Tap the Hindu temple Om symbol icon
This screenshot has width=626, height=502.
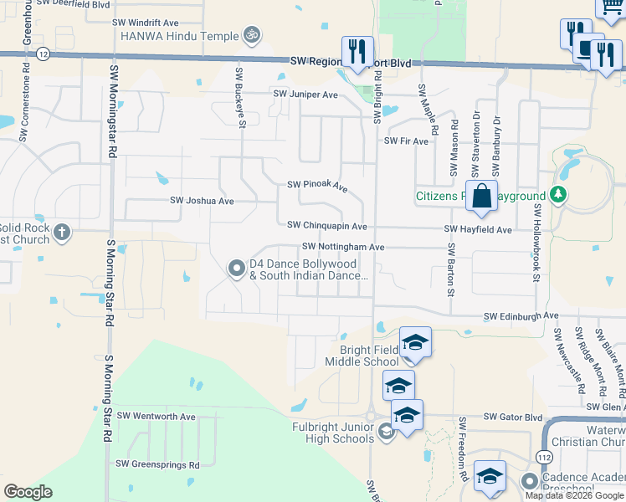250,35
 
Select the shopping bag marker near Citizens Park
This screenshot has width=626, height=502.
481,197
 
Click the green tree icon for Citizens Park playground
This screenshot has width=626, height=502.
558,195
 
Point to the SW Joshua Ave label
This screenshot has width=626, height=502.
202,201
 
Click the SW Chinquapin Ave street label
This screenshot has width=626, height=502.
326,226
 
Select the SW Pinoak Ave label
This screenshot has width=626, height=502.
317,185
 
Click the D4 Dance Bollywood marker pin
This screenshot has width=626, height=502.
237,268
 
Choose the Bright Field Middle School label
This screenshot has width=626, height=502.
369,356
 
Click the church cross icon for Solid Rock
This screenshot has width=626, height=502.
62,232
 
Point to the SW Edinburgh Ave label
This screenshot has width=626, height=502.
521,316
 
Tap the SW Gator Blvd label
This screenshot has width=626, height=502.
511,417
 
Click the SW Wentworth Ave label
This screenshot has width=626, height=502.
156,417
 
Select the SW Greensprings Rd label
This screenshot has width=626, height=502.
157,464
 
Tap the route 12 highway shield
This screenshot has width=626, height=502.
43,53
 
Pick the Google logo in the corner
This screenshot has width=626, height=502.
28,491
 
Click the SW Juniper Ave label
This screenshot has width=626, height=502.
304,95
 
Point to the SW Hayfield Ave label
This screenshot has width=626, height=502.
478,229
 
